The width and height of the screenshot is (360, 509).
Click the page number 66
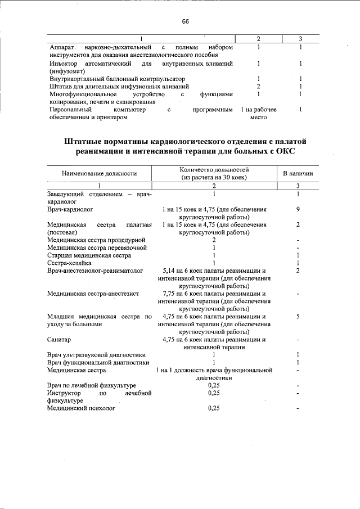pos(185,21)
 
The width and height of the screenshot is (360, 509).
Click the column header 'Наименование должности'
pos(100,173)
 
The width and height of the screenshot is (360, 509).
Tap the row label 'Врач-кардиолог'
pos(70,209)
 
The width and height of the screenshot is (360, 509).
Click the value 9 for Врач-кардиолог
pos(298,209)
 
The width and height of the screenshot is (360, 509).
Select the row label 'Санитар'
pos(60,340)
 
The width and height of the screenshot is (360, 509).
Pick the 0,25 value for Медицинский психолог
pos(214,409)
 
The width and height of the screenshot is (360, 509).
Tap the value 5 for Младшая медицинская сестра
pos(298,317)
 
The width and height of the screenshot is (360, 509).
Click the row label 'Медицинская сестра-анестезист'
pos(93,294)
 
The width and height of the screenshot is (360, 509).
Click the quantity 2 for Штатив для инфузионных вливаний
pos(258,87)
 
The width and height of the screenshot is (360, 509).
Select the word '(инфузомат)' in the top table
pos(66,71)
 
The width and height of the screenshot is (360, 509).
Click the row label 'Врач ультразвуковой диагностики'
pos(97,355)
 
